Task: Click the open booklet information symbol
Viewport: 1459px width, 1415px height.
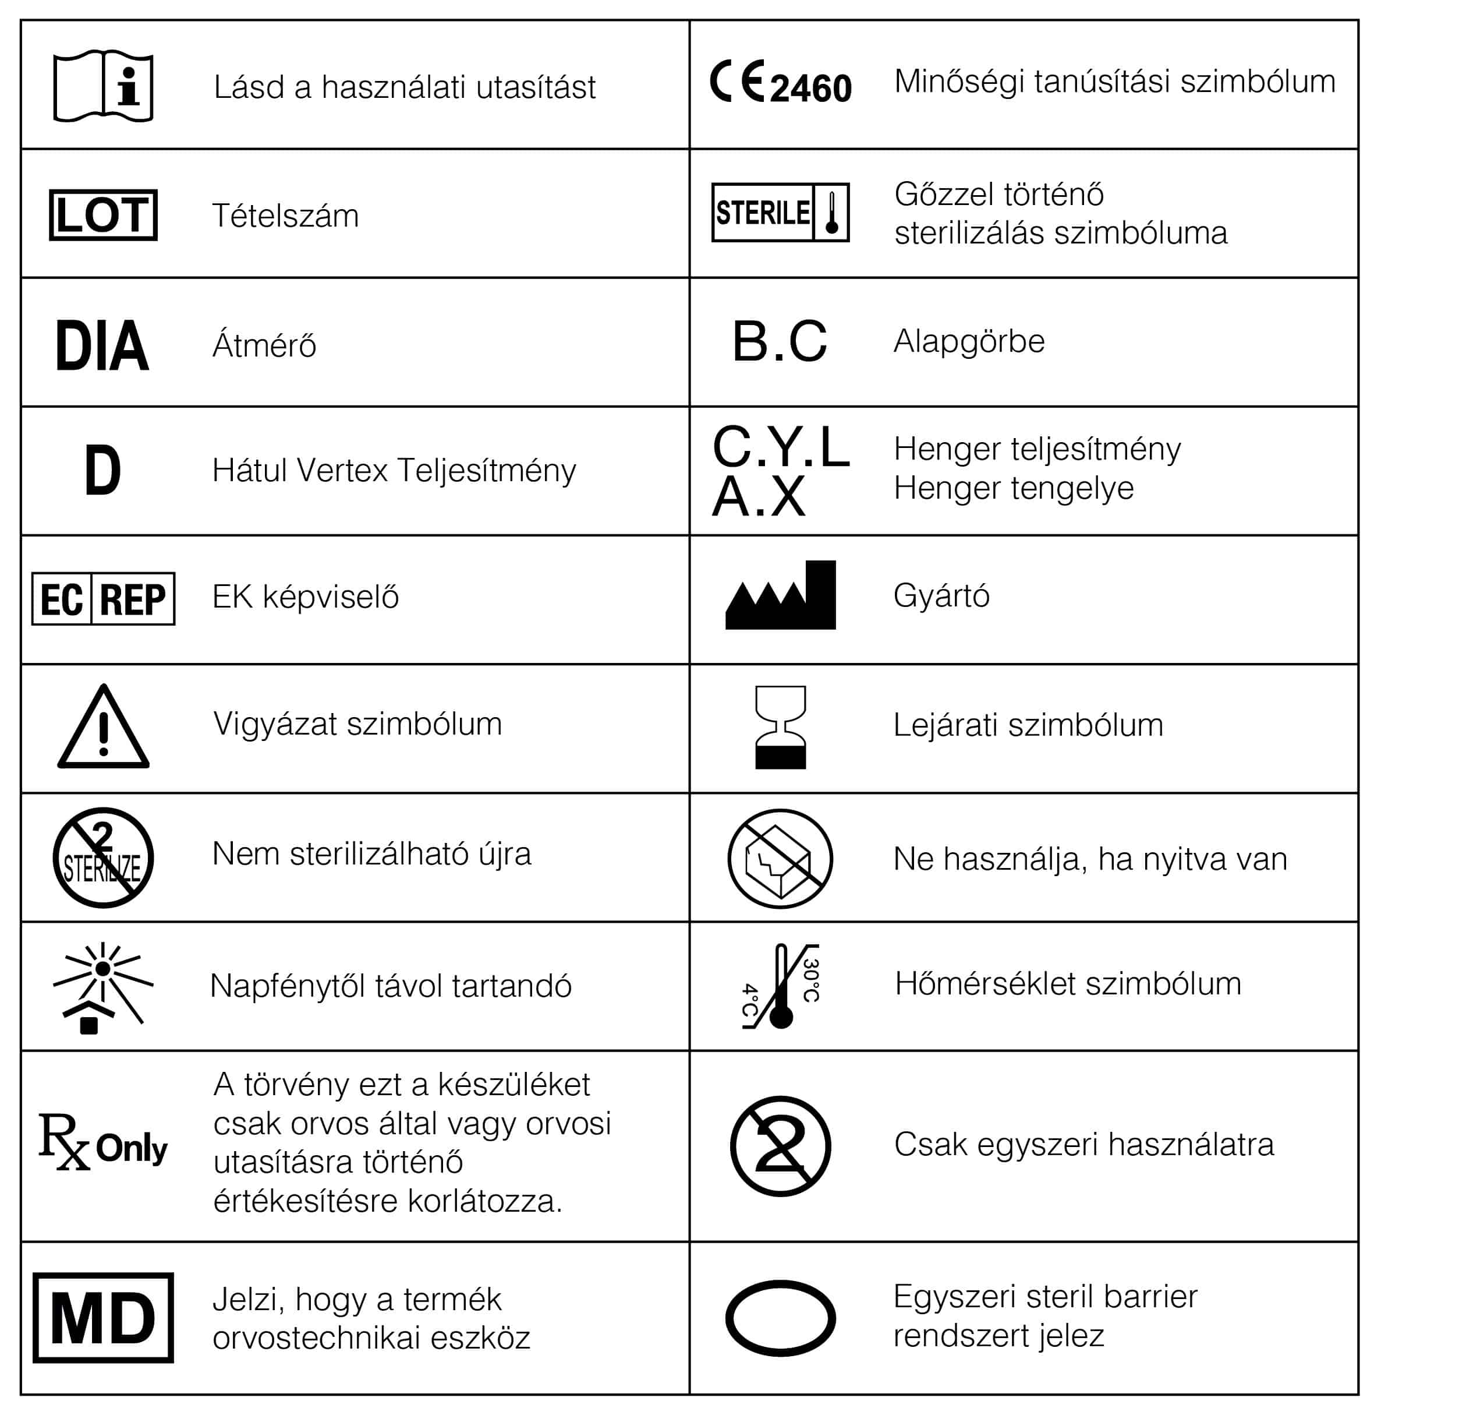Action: [x=104, y=86]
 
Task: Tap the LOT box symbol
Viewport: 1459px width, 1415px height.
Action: [x=104, y=215]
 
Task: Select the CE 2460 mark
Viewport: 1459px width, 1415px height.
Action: [x=780, y=83]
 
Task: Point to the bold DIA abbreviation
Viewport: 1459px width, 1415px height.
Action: [x=102, y=345]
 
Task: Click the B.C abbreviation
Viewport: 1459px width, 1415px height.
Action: [x=780, y=342]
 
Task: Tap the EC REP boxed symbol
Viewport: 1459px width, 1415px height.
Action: [x=104, y=599]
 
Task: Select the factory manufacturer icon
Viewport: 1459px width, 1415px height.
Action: [x=780, y=597]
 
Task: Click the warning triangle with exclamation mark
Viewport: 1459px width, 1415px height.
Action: [x=104, y=728]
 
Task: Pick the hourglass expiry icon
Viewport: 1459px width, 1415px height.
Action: [x=780, y=728]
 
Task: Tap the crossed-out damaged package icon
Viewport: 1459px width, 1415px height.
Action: [x=780, y=859]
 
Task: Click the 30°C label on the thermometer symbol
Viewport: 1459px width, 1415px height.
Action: [x=812, y=980]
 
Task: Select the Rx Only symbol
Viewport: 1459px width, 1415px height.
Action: [x=104, y=1142]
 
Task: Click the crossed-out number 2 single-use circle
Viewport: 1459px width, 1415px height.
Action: [x=780, y=1145]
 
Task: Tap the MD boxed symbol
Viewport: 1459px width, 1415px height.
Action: [x=104, y=1318]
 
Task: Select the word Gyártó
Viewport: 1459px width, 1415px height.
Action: [x=941, y=596]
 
